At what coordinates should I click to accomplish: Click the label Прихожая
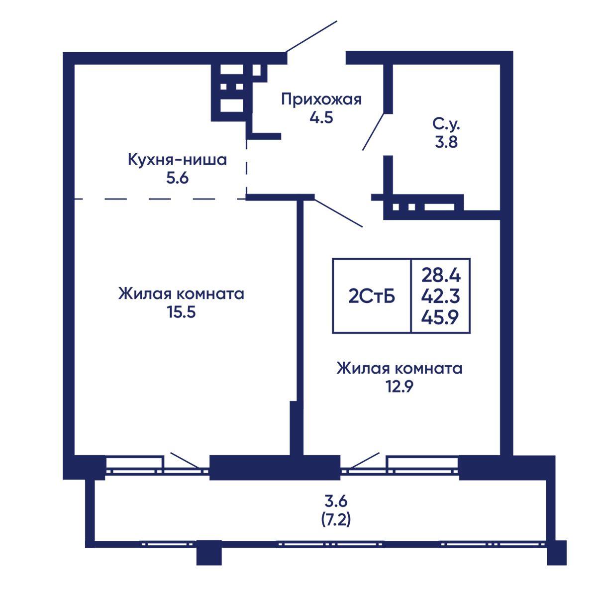(x=321, y=100)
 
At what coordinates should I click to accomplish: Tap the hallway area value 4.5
(x=321, y=118)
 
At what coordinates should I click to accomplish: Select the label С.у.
(x=446, y=124)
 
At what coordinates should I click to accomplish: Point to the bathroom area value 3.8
(x=446, y=142)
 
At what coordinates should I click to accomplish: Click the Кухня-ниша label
(x=177, y=160)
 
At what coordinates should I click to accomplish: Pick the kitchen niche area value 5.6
(x=177, y=178)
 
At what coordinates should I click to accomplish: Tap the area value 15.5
(x=182, y=312)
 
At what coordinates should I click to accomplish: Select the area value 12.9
(x=399, y=387)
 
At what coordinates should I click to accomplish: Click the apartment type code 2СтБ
(x=372, y=297)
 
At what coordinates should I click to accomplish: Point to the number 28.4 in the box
(x=441, y=275)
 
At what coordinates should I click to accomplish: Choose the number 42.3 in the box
(x=441, y=297)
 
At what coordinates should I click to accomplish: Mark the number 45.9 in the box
(x=440, y=317)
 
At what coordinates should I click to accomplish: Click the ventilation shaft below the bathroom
(x=424, y=207)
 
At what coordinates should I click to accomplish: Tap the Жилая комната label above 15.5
(x=181, y=294)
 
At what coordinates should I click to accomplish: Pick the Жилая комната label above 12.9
(x=399, y=369)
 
